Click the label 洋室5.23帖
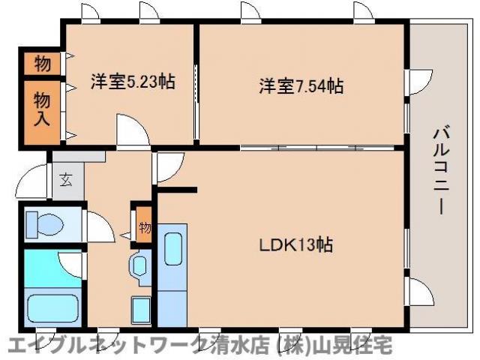[x=133, y=81]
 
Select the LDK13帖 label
[x=297, y=244]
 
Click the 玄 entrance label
[x=67, y=180]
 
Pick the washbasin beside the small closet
[x=140, y=265]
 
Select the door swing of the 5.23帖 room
[x=130, y=131]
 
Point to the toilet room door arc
[x=97, y=225]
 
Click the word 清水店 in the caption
[x=229, y=346]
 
